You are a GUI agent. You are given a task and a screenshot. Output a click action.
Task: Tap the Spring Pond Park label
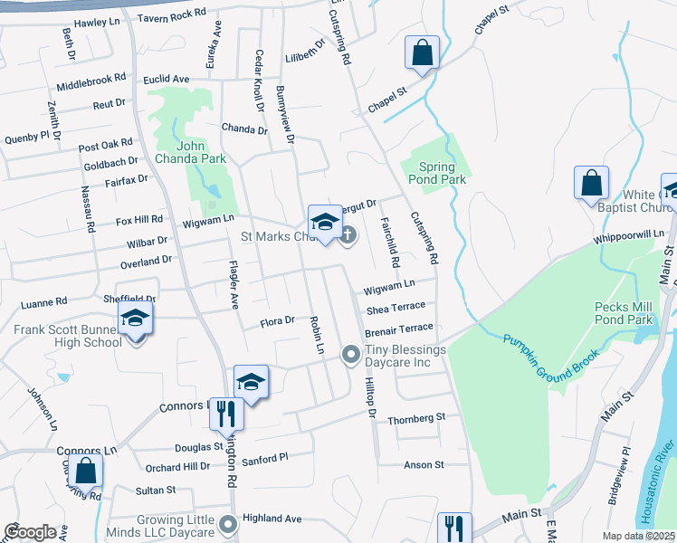[x=443, y=173]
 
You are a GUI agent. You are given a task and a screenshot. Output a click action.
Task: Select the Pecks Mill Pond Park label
[x=624, y=313]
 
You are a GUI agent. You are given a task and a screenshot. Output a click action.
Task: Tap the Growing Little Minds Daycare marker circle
[x=228, y=522]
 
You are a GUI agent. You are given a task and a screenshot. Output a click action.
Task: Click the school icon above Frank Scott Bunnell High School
[x=135, y=318]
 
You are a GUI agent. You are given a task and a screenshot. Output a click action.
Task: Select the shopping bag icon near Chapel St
[x=422, y=52]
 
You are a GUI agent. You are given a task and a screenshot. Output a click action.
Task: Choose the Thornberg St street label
[x=416, y=418]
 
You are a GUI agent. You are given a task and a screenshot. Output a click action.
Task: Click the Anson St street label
[x=424, y=465]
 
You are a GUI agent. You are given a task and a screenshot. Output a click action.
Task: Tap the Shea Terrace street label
[x=396, y=308]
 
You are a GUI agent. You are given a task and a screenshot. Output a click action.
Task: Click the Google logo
[x=30, y=532]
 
